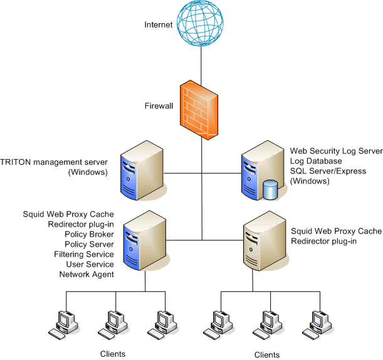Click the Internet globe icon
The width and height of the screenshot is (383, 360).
point(201,23)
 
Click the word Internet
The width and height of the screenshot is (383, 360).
point(158,25)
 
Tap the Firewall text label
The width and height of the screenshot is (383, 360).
point(158,106)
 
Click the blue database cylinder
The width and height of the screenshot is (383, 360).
point(271,189)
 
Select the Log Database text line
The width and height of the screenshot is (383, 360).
point(315,161)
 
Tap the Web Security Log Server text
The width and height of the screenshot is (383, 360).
point(336,151)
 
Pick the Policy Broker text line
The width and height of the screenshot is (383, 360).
point(89,234)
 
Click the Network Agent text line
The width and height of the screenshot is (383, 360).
point(87,274)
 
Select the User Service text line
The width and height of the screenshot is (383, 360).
point(88,264)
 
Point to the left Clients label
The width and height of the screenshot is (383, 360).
point(113,354)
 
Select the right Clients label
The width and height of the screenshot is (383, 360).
point(267,355)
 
